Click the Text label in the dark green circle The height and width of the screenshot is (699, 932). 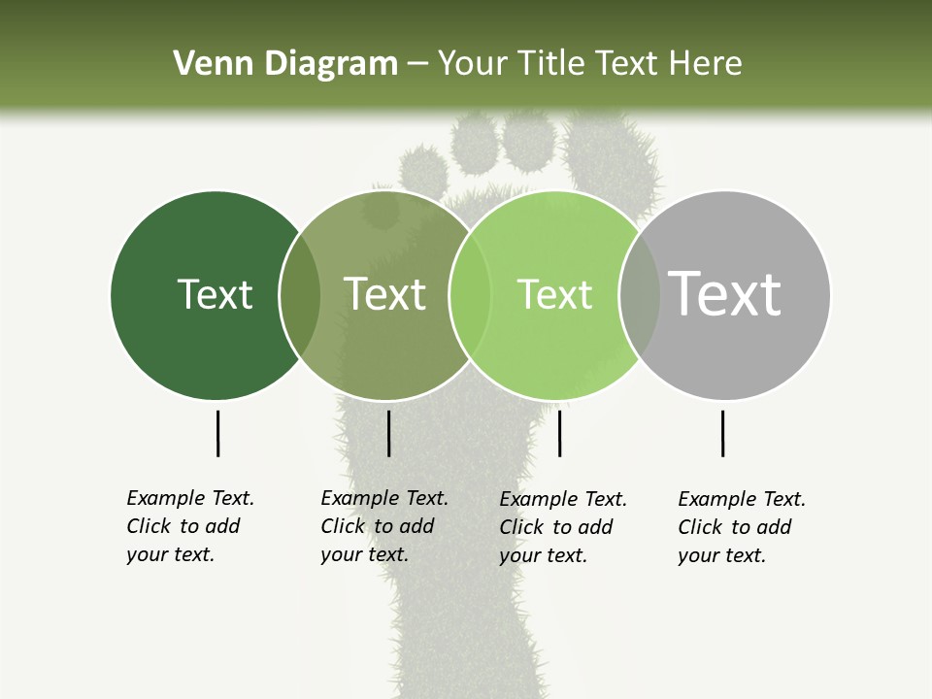(215, 294)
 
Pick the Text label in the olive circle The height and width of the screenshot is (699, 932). (384, 294)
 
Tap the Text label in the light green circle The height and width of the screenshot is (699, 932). (554, 294)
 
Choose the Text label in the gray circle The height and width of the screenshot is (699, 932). (725, 294)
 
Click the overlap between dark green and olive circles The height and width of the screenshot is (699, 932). (300, 295)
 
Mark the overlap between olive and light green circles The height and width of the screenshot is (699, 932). (470, 295)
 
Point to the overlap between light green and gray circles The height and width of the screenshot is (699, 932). (640, 295)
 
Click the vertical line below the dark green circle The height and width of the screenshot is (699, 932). (218, 433)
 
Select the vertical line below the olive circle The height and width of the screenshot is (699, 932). (388, 433)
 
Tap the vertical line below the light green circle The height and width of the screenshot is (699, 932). (559, 433)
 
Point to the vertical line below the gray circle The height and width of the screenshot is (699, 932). (722, 433)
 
